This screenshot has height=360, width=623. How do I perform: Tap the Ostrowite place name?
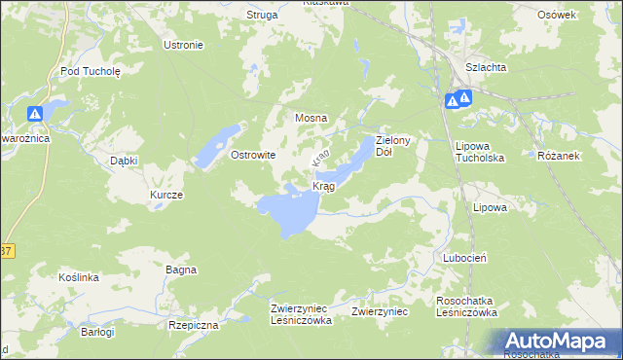pyautogui.click(x=252, y=155)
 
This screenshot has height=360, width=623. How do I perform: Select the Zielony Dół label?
pyautogui.click(x=396, y=146)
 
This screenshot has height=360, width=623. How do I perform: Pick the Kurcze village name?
pyautogui.click(x=166, y=195)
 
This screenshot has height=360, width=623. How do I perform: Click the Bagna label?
pyautogui.click(x=181, y=270)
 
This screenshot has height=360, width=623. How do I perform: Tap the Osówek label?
pyautogui.click(x=558, y=15)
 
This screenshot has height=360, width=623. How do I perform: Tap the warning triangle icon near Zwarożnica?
pyautogui.click(x=35, y=114)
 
